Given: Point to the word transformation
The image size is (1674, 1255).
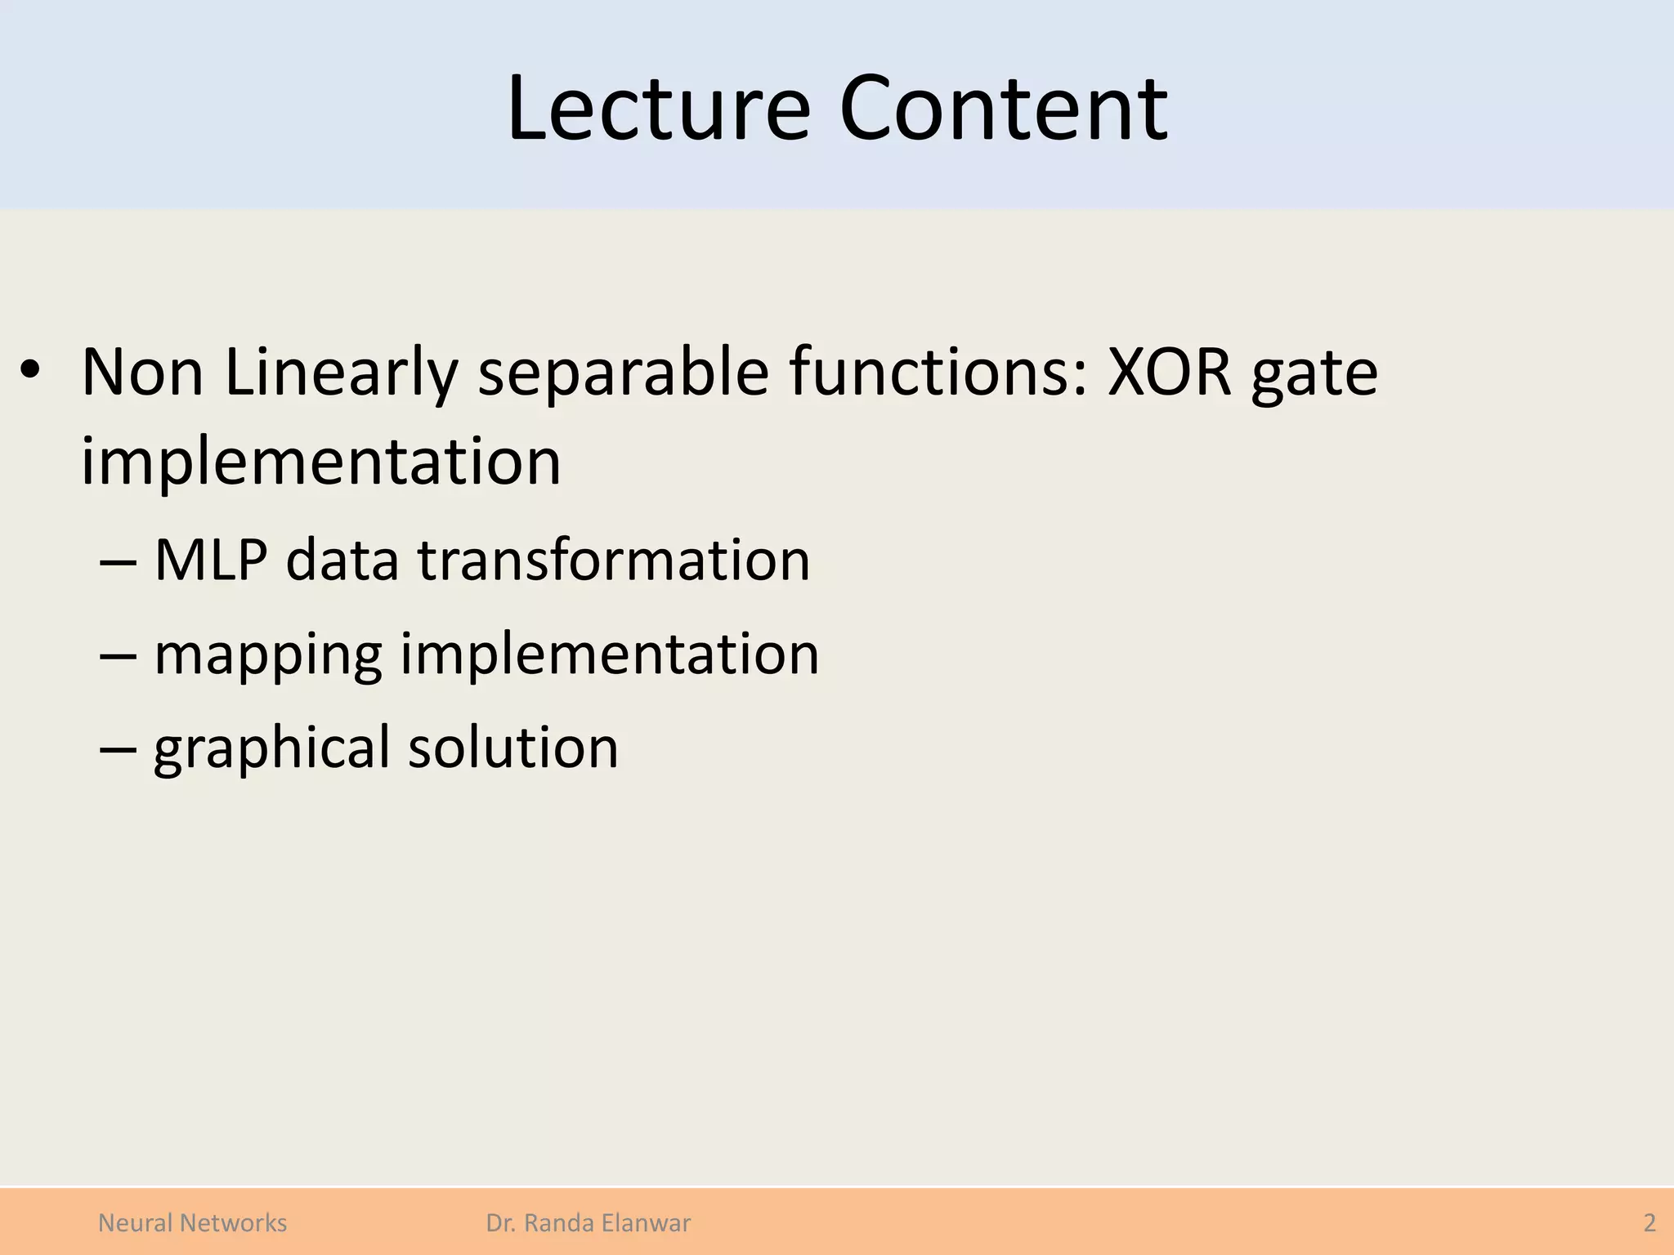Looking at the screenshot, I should coord(614,561).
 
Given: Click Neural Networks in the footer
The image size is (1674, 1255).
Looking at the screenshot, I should coord(192,1223).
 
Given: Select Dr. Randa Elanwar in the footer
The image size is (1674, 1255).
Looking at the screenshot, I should coord(588,1223).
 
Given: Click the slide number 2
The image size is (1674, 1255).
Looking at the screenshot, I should coord(1649,1223).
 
